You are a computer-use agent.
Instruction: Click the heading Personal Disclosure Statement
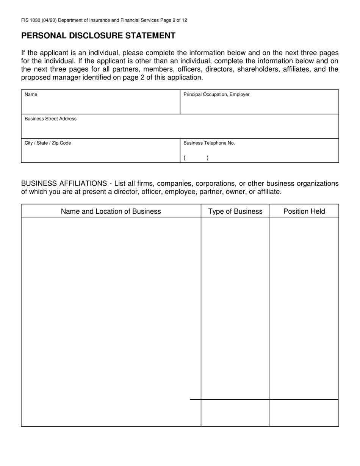coord(98,36)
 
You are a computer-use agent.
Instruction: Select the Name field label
coord(31,95)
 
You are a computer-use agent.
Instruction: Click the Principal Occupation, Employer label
coord(216,95)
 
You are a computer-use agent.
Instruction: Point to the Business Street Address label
coord(50,119)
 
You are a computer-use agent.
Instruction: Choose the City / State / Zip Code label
coord(48,143)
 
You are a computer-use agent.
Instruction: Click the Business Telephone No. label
coord(209,143)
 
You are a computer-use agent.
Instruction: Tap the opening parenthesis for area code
coord(185,158)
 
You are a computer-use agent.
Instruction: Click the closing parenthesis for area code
coord(208,158)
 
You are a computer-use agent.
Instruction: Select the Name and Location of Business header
coord(111,211)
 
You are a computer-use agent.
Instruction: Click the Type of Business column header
coord(235,211)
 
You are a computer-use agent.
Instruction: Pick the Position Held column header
coord(304,211)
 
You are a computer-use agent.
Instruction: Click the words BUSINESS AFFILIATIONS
coord(64,184)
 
